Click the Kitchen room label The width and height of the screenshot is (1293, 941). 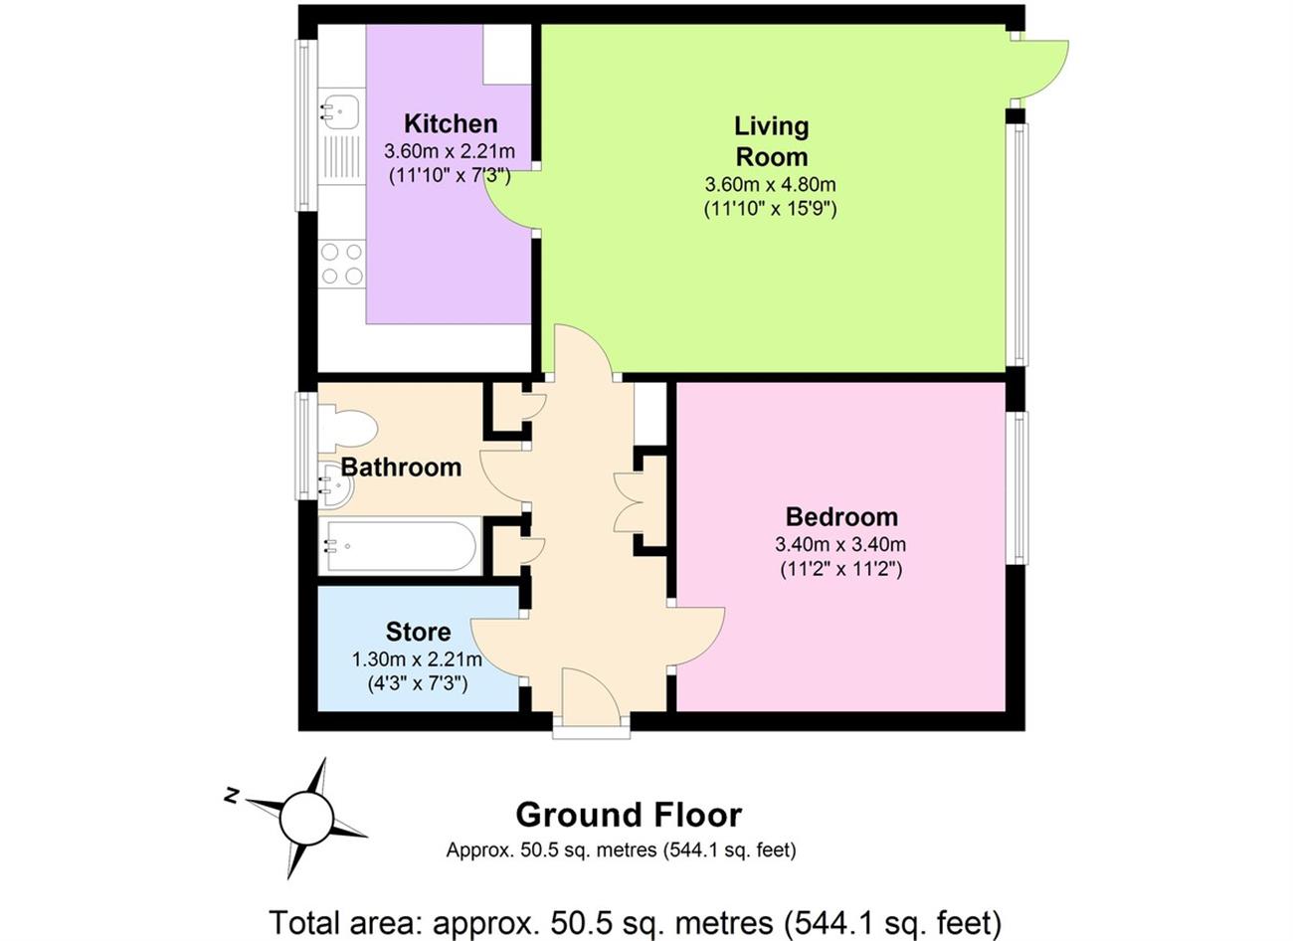click(451, 124)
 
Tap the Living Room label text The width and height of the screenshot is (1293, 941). click(771, 141)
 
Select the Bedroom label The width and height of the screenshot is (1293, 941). click(841, 516)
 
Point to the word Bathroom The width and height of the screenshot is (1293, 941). click(401, 468)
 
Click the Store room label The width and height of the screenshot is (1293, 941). click(418, 632)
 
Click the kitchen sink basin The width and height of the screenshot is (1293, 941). click(341, 110)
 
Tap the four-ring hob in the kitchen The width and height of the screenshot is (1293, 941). click(342, 264)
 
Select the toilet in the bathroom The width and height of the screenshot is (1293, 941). click(347, 428)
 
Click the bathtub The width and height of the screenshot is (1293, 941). click(400, 545)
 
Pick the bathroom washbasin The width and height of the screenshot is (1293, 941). click(338, 485)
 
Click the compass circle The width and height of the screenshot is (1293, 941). click(307, 818)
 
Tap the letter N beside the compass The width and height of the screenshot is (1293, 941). click(232, 796)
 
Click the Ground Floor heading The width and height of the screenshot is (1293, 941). click(629, 815)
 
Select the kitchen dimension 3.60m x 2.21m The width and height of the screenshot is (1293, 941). click(450, 151)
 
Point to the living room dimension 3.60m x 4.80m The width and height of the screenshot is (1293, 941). click(771, 184)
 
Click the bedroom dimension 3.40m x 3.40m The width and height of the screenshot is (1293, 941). click(840, 544)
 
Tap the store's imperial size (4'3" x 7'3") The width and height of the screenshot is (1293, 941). click(418, 684)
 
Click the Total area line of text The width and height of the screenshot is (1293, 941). click(635, 922)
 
